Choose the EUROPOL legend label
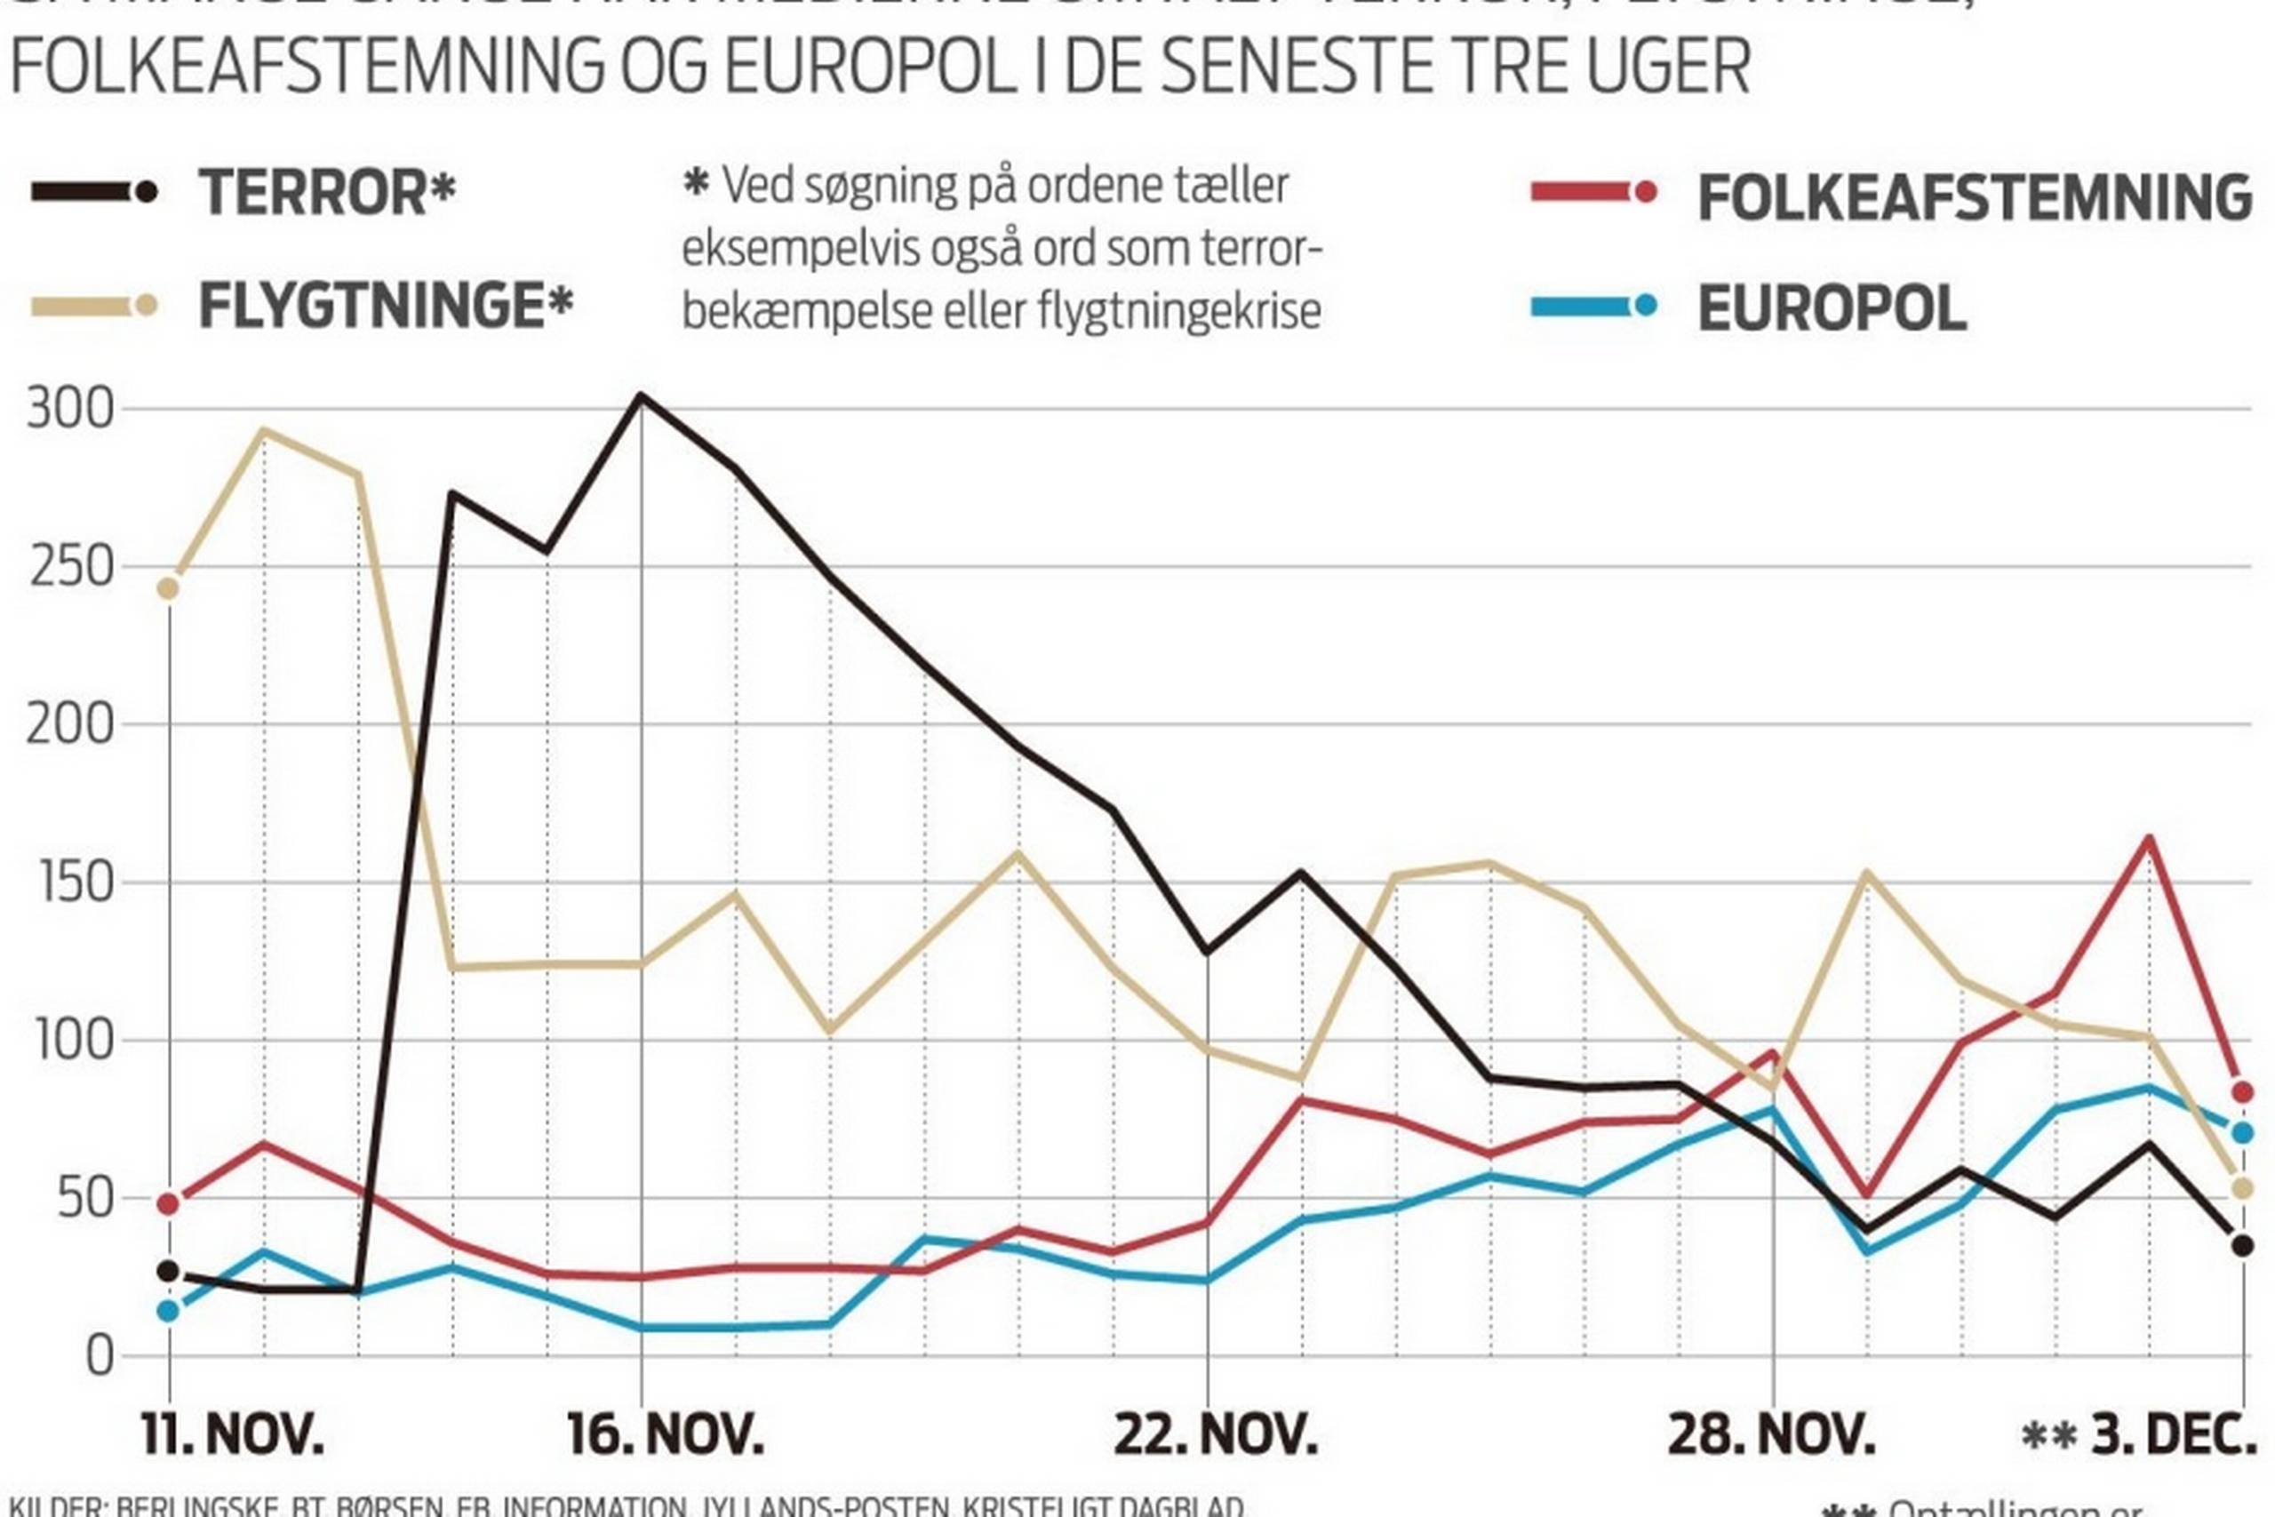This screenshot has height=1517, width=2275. click(x=1832, y=309)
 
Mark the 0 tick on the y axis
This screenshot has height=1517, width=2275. click(x=100, y=1356)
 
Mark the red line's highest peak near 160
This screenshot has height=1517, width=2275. click(x=2150, y=838)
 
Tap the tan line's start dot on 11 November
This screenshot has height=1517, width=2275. click(x=168, y=588)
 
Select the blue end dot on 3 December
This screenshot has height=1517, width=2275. click(x=2242, y=1132)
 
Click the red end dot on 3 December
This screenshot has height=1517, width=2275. click(x=2242, y=1092)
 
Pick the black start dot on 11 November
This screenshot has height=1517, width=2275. click(x=168, y=1271)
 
